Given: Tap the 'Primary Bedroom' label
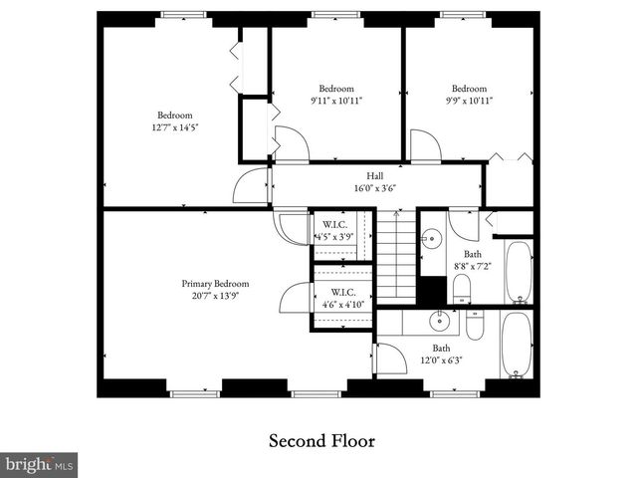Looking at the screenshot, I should (x=209, y=283).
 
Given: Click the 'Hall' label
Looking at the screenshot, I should (x=375, y=175).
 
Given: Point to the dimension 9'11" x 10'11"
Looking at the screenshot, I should (x=336, y=101).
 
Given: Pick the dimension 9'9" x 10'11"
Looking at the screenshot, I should (x=469, y=101).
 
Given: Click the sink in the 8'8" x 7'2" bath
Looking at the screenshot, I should (x=431, y=239).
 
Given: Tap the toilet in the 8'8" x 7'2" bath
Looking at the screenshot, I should (x=462, y=289).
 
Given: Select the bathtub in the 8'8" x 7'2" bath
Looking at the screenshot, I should (x=518, y=271).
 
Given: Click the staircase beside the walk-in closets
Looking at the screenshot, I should (x=397, y=255).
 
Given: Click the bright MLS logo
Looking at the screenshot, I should (x=40, y=464).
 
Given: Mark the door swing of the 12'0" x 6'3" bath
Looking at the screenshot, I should (x=390, y=358).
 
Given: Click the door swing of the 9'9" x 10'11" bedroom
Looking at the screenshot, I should (x=425, y=146).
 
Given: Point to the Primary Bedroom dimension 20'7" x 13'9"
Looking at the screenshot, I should (x=209, y=296).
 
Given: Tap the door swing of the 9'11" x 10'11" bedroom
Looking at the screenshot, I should (x=292, y=144).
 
